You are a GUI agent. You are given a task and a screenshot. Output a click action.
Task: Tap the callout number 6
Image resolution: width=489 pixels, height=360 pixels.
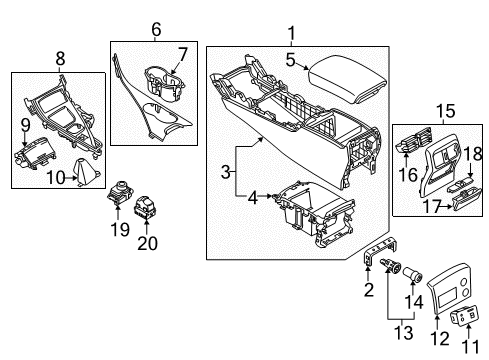155,32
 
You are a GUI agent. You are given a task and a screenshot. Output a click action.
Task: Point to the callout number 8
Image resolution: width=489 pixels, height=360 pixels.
60,58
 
